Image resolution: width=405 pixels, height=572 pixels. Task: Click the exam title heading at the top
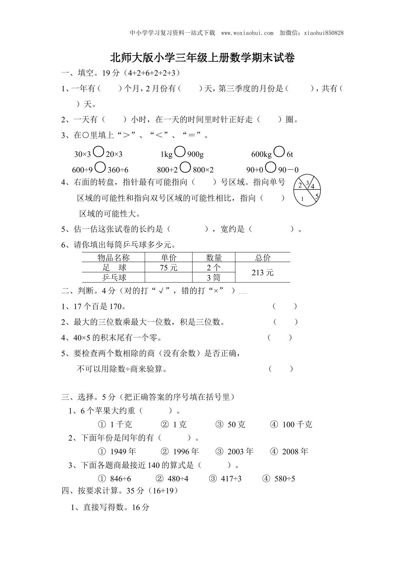[x=202, y=58]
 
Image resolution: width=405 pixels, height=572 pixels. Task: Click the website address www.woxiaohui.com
[x=247, y=33]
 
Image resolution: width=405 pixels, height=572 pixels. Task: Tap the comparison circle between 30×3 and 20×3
[x=98, y=152]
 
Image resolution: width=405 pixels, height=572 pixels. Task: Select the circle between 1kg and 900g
[x=180, y=152]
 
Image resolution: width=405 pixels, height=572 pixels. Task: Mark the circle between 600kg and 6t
[x=279, y=152]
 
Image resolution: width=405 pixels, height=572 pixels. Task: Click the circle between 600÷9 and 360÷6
[x=100, y=167]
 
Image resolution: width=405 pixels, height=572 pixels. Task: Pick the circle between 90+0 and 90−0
[x=271, y=167]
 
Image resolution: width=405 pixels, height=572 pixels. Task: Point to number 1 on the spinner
[x=302, y=199]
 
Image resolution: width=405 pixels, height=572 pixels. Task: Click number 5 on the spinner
[x=317, y=196]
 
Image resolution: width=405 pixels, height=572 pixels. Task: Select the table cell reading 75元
[x=169, y=268]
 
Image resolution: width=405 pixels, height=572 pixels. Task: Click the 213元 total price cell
[x=262, y=273]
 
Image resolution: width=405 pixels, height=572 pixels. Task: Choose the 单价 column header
[x=169, y=258]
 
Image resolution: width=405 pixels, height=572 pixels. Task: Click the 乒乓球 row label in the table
[x=114, y=278]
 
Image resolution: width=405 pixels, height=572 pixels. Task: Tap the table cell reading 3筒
[x=214, y=278]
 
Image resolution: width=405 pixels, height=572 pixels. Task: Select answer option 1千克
[x=115, y=425]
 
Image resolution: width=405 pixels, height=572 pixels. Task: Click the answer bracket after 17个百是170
[x=285, y=306]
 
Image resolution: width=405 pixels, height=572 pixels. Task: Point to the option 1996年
[x=180, y=451]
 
